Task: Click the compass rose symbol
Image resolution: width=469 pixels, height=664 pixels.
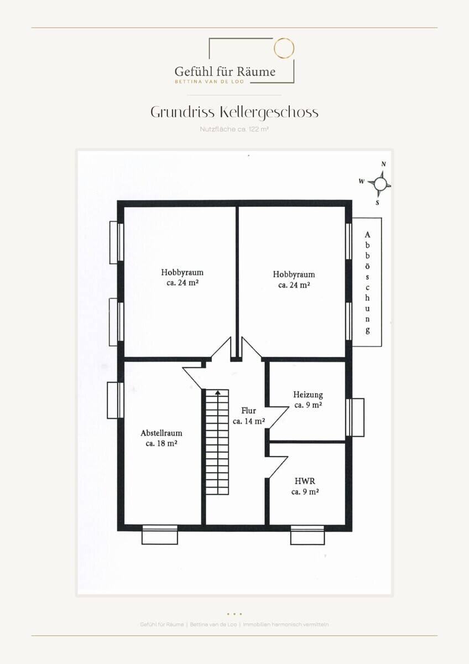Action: tap(381, 184)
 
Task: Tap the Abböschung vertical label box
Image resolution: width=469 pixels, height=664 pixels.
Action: tap(367, 282)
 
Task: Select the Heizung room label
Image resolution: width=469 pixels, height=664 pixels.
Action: tap(308, 395)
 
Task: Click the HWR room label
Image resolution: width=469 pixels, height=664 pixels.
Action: tap(305, 481)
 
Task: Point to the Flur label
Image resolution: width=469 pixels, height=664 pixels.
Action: tap(249, 411)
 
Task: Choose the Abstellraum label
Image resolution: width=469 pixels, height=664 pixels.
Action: tap(161, 433)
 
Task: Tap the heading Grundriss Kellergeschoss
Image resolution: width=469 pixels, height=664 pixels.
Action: tap(234, 112)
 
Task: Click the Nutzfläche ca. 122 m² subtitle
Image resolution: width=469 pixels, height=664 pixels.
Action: tap(234, 129)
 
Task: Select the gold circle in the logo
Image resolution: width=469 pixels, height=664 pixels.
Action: tap(284, 48)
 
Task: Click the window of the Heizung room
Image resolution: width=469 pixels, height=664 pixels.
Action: tap(355, 417)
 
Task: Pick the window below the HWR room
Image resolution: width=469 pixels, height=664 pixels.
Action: tap(308, 535)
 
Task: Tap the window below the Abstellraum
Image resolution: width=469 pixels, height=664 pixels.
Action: tap(160, 535)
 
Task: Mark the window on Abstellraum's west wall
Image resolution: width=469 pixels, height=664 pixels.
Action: tap(116, 400)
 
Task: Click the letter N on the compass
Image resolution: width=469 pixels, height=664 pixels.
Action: tap(384, 164)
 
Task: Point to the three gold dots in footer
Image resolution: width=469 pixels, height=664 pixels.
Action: tap(234, 614)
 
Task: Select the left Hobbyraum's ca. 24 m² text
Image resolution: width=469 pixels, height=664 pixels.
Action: tap(183, 283)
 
